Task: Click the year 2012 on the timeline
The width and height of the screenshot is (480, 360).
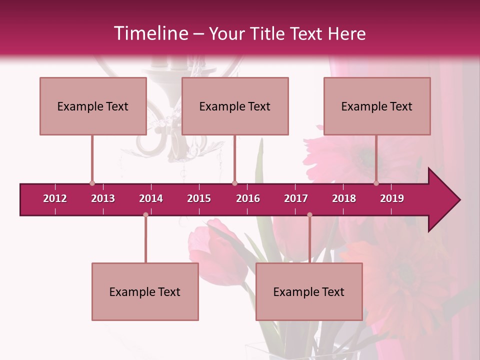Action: pos(55,198)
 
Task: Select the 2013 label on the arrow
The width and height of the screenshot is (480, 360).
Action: pos(103,198)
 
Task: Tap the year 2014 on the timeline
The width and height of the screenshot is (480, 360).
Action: pos(151,198)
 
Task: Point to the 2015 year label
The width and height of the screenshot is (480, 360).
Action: pos(199,198)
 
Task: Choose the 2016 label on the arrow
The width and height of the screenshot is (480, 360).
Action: pos(248,198)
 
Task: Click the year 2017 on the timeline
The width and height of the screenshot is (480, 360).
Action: pos(296,198)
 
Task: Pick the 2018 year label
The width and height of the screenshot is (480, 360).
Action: pos(344,198)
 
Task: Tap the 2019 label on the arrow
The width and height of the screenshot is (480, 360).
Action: pos(392,198)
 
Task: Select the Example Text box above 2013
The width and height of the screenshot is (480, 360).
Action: pos(93,106)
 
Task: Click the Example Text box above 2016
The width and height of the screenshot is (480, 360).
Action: pos(235,106)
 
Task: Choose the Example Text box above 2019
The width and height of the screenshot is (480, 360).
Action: pos(377,106)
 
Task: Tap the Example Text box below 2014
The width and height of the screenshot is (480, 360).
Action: pos(145,291)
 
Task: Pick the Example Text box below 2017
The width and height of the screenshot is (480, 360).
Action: pos(309,291)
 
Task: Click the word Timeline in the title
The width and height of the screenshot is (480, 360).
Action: pos(150,33)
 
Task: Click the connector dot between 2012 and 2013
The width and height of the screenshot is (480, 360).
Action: pos(92,183)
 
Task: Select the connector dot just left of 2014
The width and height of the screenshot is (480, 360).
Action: pos(145,214)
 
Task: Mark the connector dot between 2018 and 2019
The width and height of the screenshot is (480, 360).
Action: pos(376,183)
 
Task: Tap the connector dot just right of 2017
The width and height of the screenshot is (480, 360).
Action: pos(309,214)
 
